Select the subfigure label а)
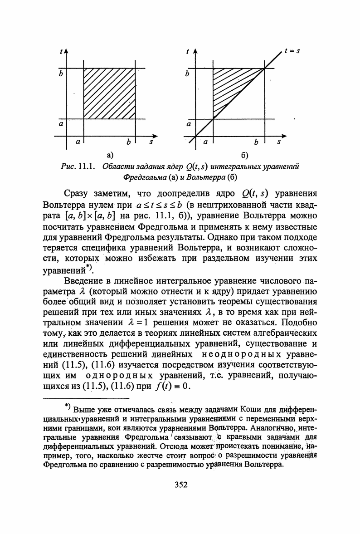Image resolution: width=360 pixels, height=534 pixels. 109,156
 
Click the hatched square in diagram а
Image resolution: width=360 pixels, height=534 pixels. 109,94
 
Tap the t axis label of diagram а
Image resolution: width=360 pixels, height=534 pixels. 61,53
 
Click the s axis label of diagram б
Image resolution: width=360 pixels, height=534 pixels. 279,142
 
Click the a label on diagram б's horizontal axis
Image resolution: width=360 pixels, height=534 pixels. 205,142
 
